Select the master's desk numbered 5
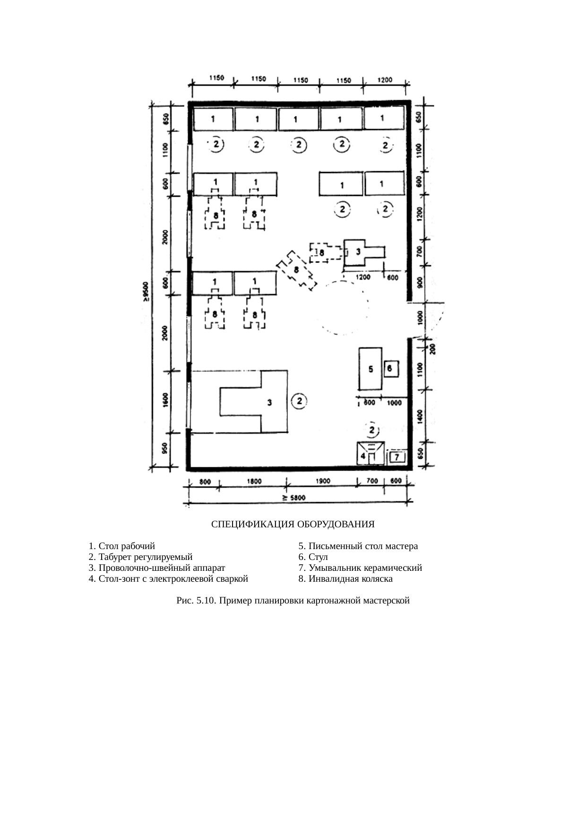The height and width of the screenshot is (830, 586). [370, 369]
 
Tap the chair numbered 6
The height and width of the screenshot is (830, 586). [391, 368]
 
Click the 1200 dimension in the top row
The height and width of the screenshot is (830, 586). [385, 80]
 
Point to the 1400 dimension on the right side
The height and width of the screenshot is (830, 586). [420, 417]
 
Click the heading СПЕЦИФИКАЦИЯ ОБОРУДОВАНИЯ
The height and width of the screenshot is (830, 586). [293, 524]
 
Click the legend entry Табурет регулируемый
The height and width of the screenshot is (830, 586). [141, 557]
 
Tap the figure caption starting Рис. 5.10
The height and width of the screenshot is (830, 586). [293, 601]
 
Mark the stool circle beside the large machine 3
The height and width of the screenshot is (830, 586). [300, 401]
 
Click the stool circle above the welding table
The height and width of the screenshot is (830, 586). [372, 429]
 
